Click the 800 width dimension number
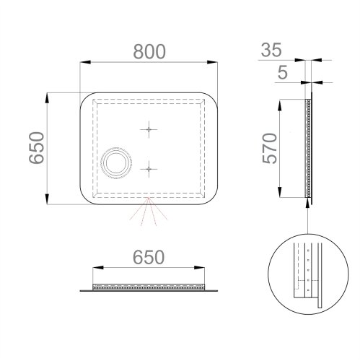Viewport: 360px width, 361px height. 149,51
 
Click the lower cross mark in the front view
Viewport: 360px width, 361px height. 149,170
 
